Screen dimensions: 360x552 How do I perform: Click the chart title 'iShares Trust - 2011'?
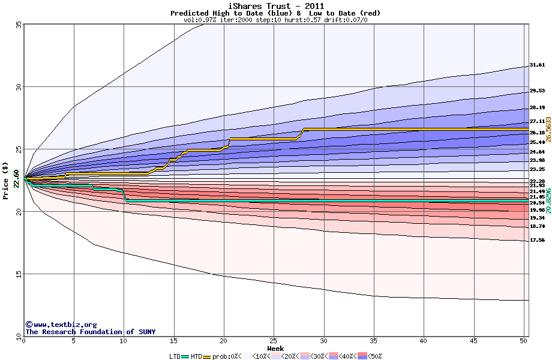(275, 6)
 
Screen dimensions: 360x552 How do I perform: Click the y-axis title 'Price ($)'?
(6, 181)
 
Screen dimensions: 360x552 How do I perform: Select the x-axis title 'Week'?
(275, 349)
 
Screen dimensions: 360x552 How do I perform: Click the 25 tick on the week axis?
(274, 341)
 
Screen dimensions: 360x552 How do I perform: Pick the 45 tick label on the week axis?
(474, 341)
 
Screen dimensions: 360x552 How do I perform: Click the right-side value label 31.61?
(537, 65)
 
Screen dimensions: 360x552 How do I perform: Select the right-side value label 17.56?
(537, 240)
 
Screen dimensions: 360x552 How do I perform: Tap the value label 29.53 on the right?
(537, 91)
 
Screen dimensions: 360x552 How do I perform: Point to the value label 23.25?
(537, 170)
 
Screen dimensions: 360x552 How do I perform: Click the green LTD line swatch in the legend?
(185, 356)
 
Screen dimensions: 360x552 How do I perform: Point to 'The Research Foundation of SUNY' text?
(90, 332)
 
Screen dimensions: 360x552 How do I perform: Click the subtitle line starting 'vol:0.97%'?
(275, 20)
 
